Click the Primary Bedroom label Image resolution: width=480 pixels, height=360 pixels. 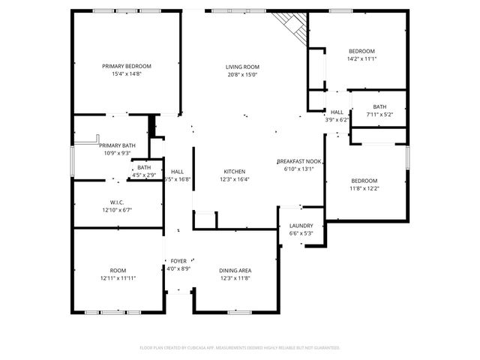pyautogui.click(x=126, y=66)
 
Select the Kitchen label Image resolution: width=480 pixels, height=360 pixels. pyautogui.click(x=235, y=172)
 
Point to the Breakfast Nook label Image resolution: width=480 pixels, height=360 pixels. pyautogui.click(x=299, y=161)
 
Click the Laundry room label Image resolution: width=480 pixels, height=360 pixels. pyautogui.click(x=301, y=226)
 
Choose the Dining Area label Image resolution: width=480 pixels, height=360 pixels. pyautogui.click(x=235, y=271)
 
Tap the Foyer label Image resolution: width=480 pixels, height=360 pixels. pyautogui.click(x=178, y=261)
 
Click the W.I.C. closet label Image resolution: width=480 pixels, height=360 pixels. pyautogui.click(x=116, y=202)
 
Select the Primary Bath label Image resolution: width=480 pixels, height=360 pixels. pyautogui.click(x=118, y=145)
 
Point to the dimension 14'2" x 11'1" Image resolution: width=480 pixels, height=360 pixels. pyautogui.click(x=361, y=58)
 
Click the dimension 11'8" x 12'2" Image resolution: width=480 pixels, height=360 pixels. pyautogui.click(x=364, y=187)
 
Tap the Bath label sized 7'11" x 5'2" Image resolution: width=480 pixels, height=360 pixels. pyautogui.click(x=379, y=106)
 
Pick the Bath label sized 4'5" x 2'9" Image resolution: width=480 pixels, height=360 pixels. pyautogui.click(x=144, y=167)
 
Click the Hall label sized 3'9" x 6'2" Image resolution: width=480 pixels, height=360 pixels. pyautogui.click(x=337, y=112)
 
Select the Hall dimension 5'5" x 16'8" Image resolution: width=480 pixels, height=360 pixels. pyautogui.click(x=178, y=179)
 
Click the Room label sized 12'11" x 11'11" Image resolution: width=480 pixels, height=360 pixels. pyautogui.click(x=118, y=271)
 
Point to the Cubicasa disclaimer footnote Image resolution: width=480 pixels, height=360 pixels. pyautogui.click(x=240, y=348)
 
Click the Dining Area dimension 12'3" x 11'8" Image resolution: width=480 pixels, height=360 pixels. pyautogui.click(x=235, y=278)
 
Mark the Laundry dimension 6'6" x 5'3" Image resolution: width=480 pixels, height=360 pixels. pyautogui.click(x=301, y=233)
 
